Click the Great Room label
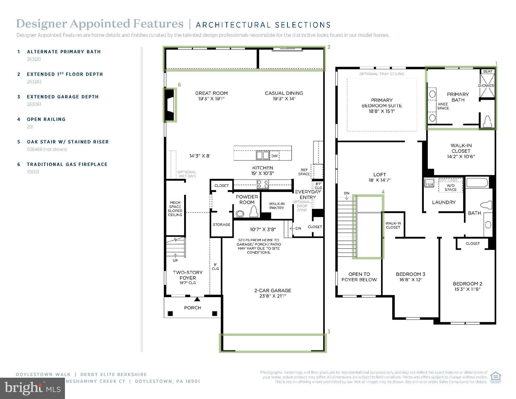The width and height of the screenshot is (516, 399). (211, 93)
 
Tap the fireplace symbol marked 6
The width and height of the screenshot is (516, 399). (170, 105)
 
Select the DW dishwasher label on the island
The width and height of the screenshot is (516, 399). (274, 156)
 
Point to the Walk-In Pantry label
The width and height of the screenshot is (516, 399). (277, 206)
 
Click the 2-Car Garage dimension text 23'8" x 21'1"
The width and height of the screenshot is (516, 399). (273, 296)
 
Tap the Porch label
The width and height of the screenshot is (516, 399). (192, 308)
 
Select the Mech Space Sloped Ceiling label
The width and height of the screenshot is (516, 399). (175, 209)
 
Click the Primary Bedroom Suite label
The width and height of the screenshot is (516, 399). (381, 105)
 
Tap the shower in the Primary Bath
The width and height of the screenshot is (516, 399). (487, 86)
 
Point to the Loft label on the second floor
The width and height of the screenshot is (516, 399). (379, 175)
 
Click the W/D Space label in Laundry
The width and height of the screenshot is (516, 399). (451, 188)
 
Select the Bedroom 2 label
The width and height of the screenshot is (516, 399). (467, 284)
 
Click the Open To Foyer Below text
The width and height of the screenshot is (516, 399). (359, 277)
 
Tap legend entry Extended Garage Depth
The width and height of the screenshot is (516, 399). (63, 97)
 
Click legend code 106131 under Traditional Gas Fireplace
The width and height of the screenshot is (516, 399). (33, 172)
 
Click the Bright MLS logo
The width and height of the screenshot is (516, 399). (32, 388)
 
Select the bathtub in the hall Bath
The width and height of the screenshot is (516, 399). (477, 183)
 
